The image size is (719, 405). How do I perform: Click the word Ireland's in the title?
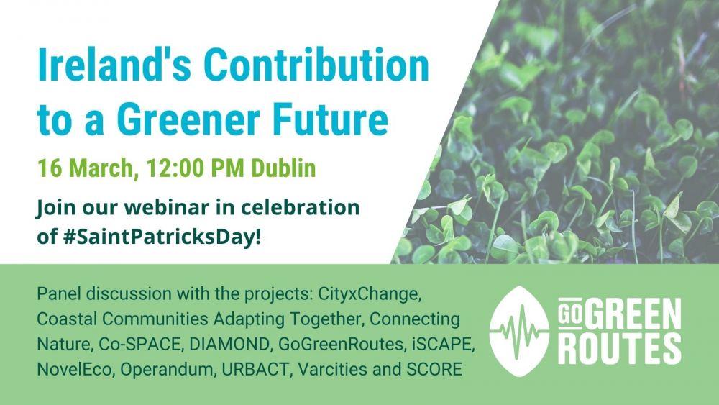point(114,65)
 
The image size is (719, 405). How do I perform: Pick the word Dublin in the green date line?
point(283,168)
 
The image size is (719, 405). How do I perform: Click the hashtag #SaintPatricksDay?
point(162,237)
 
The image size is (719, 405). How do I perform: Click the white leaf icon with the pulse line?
point(519,331)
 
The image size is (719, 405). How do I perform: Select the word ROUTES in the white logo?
point(620,349)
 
